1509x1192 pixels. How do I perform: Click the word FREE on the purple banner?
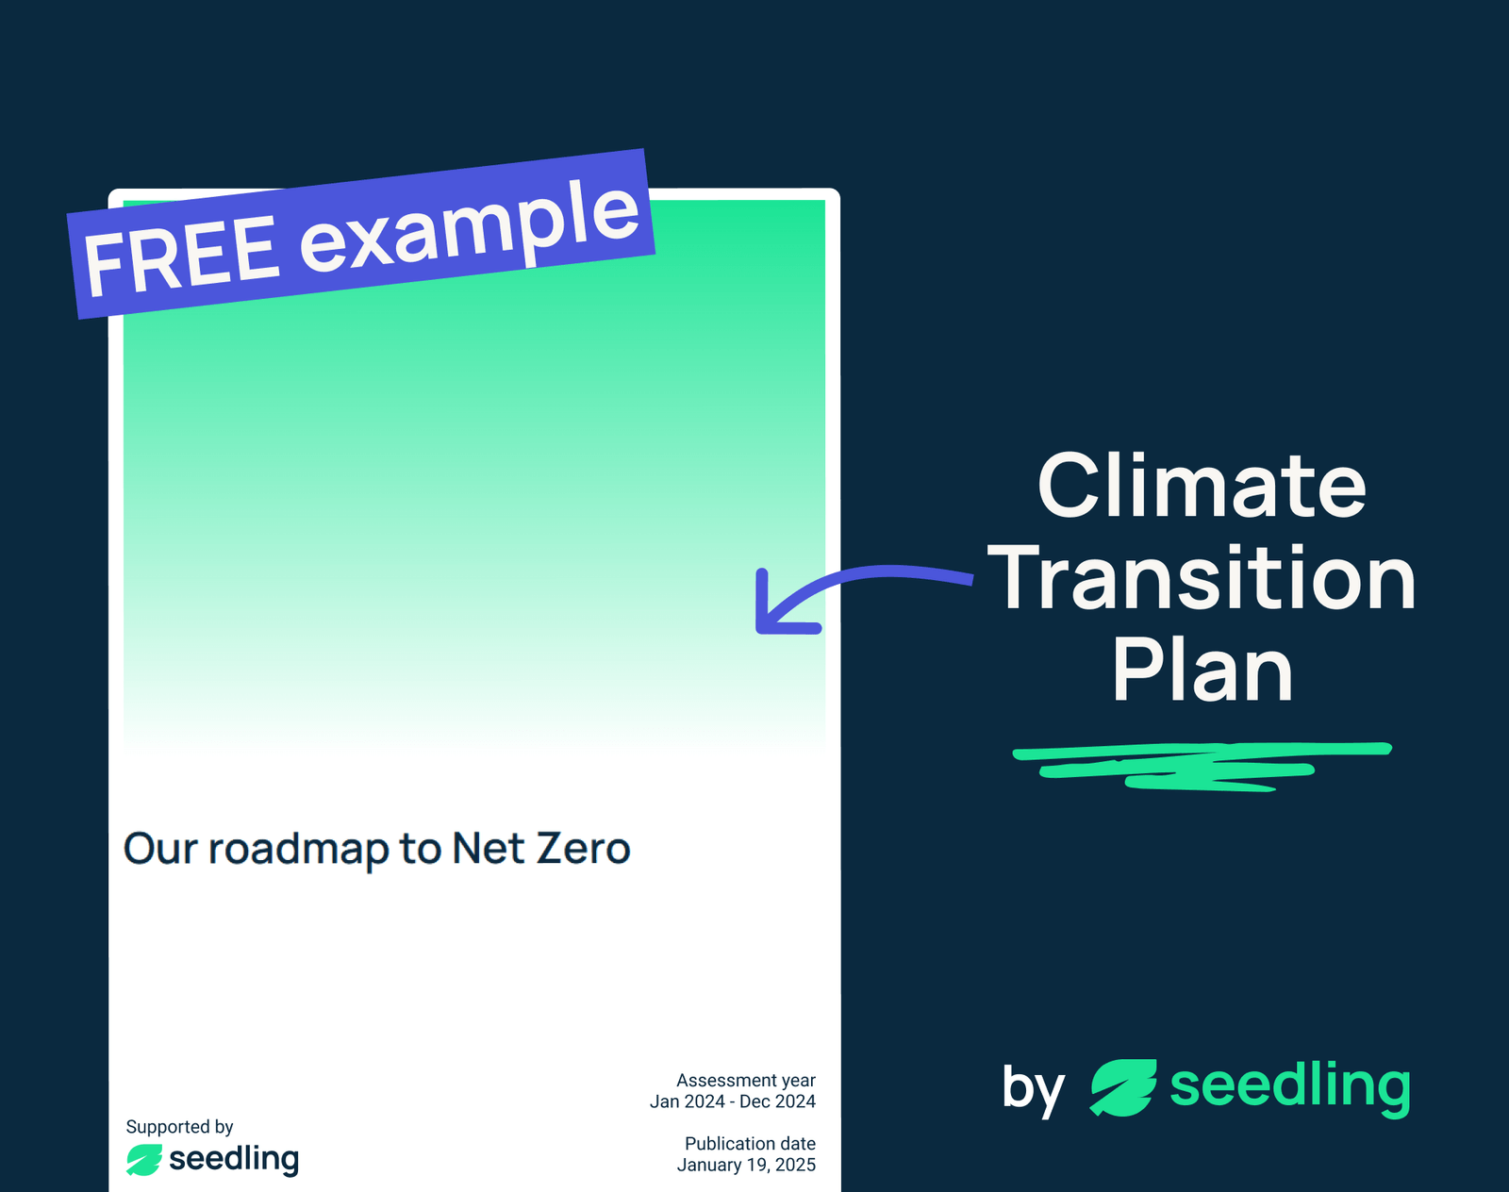(181, 255)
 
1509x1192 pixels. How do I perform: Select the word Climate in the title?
(1202, 486)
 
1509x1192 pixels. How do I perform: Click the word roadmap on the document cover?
(298, 849)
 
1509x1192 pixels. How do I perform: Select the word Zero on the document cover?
(583, 849)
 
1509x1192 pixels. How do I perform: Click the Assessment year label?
(745, 1080)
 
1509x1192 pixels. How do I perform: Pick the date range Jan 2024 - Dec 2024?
(732, 1101)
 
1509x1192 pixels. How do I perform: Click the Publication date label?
(750, 1143)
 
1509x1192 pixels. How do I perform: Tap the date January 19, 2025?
(746, 1165)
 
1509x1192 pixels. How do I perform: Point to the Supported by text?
(179, 1126)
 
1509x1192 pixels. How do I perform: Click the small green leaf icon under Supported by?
(144, 1160)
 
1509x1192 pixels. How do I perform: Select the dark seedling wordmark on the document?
(234, 1159)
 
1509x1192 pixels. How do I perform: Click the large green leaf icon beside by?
(1122, 1087)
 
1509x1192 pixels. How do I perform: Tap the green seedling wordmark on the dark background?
(1289, 1086)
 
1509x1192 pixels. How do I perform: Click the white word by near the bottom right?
(1033, 1088)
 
